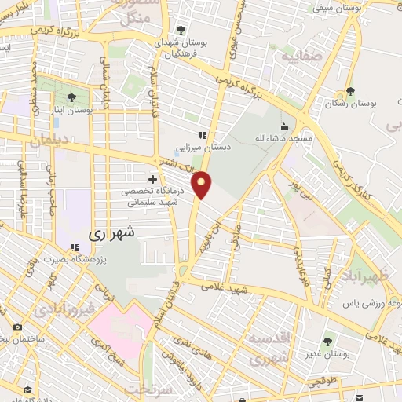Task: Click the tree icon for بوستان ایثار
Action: [71, 98]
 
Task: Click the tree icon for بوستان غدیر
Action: [327, 342]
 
